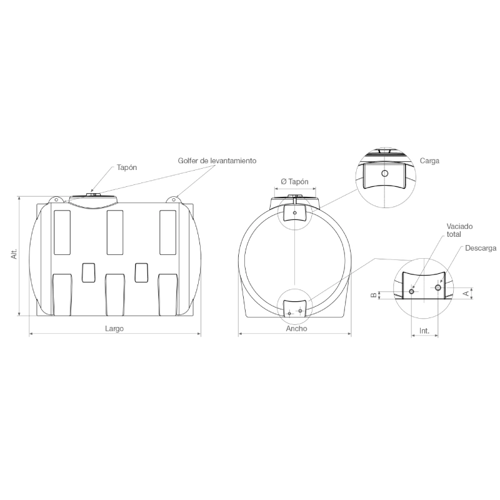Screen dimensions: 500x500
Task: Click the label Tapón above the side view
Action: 127,167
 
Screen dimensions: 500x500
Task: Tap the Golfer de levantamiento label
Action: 217,161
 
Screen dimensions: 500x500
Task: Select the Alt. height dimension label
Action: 14,254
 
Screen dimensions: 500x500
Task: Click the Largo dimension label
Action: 114,329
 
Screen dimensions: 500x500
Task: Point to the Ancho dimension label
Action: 296,329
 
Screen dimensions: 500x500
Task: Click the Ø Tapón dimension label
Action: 294,181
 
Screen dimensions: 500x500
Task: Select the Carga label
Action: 429,161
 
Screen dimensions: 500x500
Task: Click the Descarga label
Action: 481,248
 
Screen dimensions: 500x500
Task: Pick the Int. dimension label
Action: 424,331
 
